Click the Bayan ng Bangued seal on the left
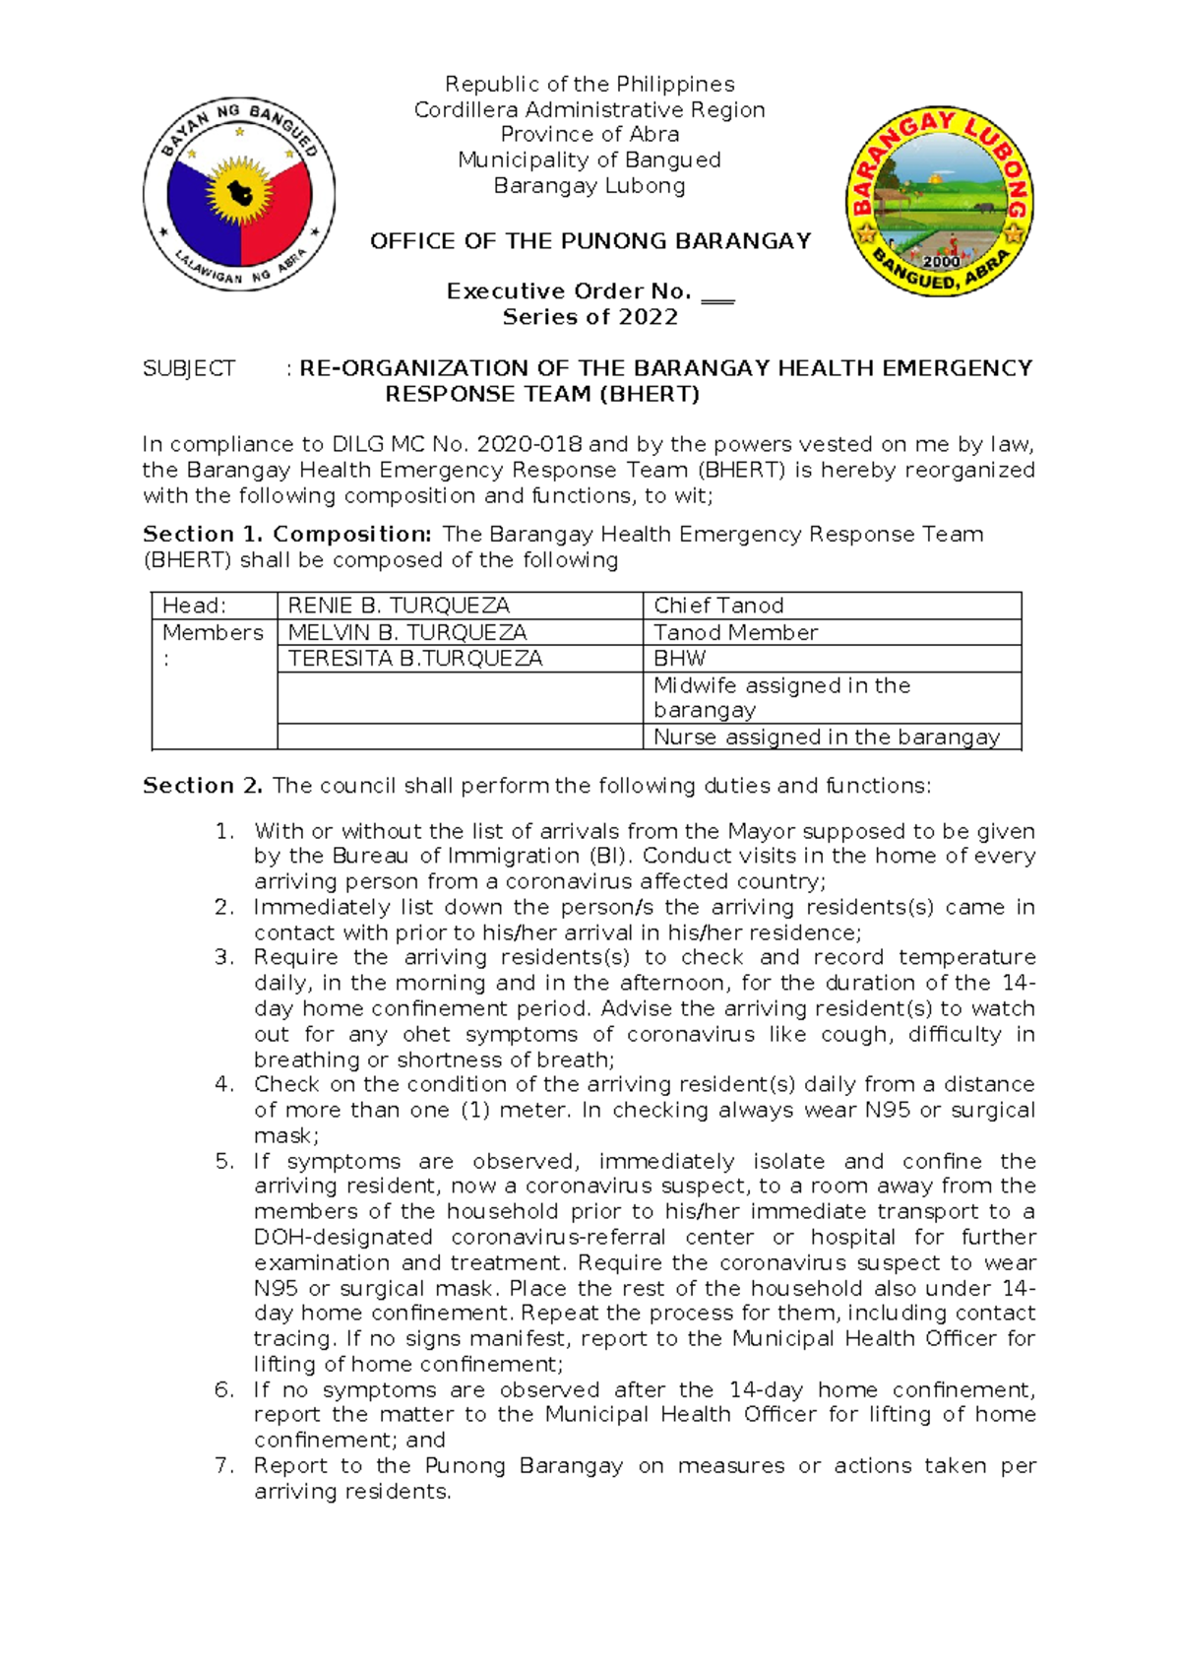239,194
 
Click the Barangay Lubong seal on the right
940,202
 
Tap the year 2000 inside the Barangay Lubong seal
941,262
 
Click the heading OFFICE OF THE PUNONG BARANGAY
590,241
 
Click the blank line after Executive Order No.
718,294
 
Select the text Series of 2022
590,317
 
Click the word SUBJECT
189,368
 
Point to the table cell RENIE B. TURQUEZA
399,606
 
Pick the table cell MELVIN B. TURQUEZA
407,632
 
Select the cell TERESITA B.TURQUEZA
414,658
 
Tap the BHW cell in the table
679,658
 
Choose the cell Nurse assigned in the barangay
826,737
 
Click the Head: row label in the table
194,606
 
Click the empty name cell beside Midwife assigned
460,698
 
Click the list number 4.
224,1084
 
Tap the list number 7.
224,1465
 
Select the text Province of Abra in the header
590,134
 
